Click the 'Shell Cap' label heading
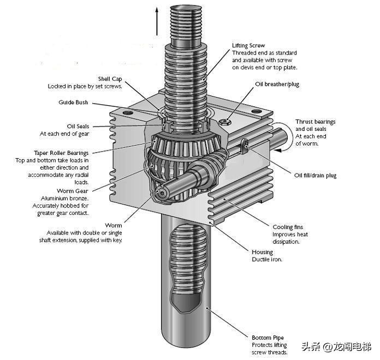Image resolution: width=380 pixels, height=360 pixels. point(109,79)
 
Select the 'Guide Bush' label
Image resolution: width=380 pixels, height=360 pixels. point(73,103)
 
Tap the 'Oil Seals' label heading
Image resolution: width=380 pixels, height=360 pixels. point(78,127)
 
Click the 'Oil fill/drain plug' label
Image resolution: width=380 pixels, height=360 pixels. point(316,176)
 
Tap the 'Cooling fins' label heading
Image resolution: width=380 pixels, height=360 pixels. point(288,227)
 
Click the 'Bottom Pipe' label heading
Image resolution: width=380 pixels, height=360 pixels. point(268,338)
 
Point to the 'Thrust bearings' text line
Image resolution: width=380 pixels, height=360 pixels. point(316,122)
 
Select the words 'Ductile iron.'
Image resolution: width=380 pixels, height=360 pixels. point(267,260)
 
